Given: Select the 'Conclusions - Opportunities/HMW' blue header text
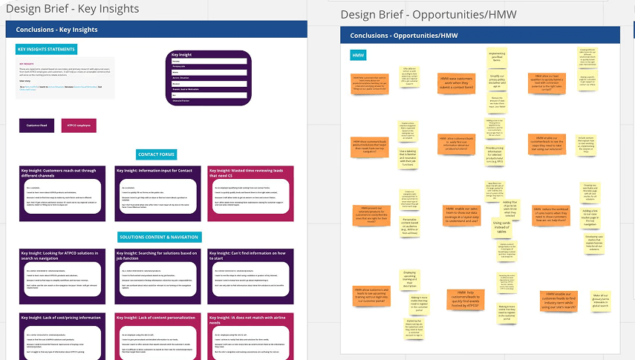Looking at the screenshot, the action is click(404, 36).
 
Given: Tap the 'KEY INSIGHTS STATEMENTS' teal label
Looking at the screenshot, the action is click(46, 50).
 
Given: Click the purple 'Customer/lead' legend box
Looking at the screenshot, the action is click(36, 125).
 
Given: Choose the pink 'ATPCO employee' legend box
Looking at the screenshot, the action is click(79, 125).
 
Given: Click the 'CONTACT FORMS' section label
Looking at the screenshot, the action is click(157, 154).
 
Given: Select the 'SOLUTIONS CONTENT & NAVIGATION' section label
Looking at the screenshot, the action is click(159, 237).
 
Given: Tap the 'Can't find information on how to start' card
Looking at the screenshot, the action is click(251, 275).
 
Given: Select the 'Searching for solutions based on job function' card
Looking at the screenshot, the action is click(157, 275).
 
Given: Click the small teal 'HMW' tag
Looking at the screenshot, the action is click(358, 55).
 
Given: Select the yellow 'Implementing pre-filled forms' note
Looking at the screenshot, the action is click(496, 57).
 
